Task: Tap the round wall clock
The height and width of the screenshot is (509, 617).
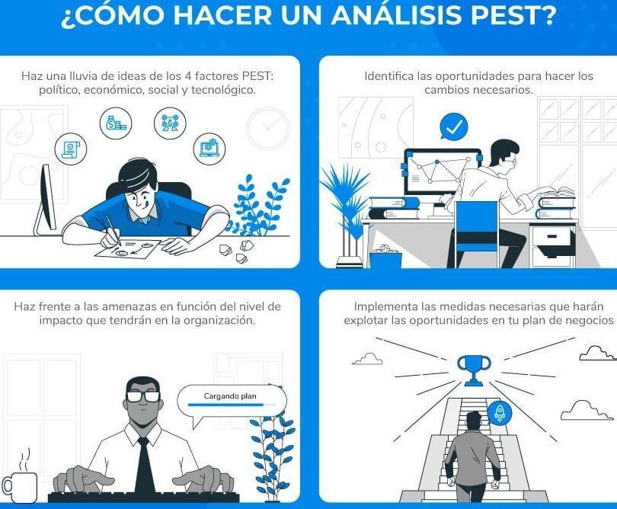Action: (x=268, y=128)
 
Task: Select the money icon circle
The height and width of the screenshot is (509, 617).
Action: (x=116, y=123)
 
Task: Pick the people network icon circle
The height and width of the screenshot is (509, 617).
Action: (x=170, y=123)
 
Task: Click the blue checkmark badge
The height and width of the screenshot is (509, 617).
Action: (x=454, y=126)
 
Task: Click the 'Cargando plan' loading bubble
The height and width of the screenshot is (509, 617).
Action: (x=231, y=399)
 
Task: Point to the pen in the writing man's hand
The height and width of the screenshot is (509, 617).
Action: (x=111, y=229)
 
